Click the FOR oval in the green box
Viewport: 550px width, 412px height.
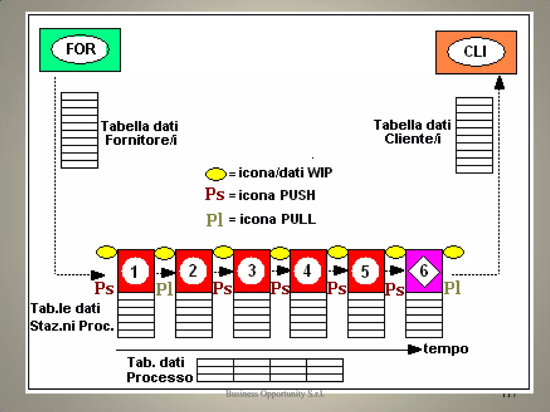80,49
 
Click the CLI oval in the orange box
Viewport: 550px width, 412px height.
476,52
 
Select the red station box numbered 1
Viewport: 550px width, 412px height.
136,271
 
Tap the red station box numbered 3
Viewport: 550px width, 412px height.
252,271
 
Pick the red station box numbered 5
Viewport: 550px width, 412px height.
366,271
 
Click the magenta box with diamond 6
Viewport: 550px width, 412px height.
424,271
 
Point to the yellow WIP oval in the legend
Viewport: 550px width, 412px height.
216,174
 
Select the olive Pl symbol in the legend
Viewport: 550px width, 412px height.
215,219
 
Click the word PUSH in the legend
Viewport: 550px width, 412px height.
298,195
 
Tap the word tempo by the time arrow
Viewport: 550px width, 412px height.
446,349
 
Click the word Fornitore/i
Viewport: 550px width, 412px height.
141,140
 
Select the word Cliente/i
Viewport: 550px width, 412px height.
413,139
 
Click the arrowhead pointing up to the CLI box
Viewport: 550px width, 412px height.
499,83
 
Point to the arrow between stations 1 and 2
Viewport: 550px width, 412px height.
166,273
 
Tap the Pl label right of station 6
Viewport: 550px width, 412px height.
453,288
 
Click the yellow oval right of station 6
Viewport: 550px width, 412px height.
454,252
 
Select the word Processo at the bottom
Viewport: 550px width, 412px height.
160,377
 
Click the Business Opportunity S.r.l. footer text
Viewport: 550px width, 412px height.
275,394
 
